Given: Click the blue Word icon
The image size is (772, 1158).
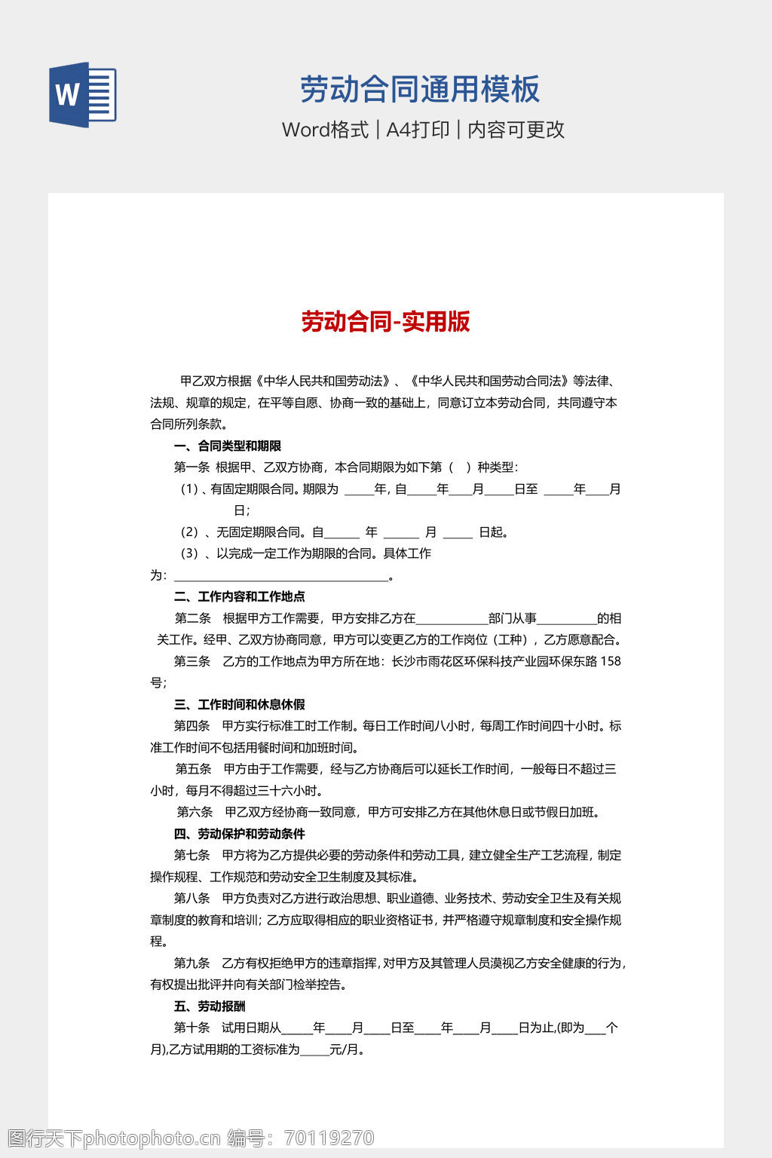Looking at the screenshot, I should (83, 95).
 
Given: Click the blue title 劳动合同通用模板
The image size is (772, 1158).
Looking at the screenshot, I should (420, 90).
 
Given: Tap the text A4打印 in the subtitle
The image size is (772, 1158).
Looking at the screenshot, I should (418, 130).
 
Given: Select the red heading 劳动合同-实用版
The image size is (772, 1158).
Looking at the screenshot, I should (385, 322).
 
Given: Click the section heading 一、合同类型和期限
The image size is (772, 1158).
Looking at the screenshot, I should (228, 446).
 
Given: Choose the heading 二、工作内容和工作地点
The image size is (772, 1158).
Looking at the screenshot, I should (240, 597).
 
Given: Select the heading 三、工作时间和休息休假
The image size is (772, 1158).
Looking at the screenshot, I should (240, 705).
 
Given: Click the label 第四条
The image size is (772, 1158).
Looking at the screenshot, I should (191, 726).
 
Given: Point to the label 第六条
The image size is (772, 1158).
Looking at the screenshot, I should (195, 812).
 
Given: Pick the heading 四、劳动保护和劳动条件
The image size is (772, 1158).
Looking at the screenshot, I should (240, 834).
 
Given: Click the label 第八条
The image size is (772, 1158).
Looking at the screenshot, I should (191, 899).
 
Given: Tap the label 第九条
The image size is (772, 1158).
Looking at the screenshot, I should (191, 963).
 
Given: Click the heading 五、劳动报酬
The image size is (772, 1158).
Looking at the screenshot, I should (210, 1006).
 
